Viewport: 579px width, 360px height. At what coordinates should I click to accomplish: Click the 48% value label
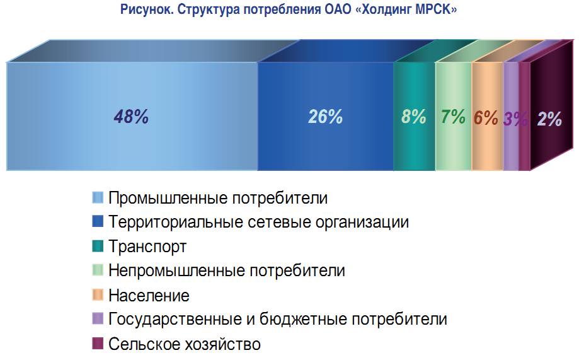(131, 117)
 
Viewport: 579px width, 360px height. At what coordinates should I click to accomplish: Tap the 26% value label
(325, 117)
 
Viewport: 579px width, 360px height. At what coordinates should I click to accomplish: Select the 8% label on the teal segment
(413, 117)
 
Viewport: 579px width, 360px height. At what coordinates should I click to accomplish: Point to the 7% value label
(453, 117)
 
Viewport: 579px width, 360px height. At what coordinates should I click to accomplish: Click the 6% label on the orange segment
(486, 118)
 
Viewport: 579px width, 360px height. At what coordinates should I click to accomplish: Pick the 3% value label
(515, 119)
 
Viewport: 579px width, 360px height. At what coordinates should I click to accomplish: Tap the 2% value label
(549, 119)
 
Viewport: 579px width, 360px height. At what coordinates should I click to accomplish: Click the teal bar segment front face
(414, 116)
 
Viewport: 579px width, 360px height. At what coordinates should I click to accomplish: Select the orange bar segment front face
(488, 116)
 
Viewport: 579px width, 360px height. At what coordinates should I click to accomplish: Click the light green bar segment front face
(454, 116)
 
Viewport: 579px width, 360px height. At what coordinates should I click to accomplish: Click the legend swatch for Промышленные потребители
(98, 197)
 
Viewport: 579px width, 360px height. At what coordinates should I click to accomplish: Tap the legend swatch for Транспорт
(98, 246)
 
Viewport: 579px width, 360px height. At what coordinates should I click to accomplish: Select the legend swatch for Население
(98, 295)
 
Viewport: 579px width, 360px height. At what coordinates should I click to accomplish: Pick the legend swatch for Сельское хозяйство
(98, 344)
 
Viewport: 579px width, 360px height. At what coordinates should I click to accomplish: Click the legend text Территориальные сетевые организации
(258, 222)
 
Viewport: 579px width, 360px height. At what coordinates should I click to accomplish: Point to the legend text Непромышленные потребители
(227, 270)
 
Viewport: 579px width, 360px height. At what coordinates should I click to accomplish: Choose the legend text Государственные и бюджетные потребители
(278, 320)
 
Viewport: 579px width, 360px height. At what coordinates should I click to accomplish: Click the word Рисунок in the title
(147, 9)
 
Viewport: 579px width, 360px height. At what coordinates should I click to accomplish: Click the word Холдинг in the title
(383, 9)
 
